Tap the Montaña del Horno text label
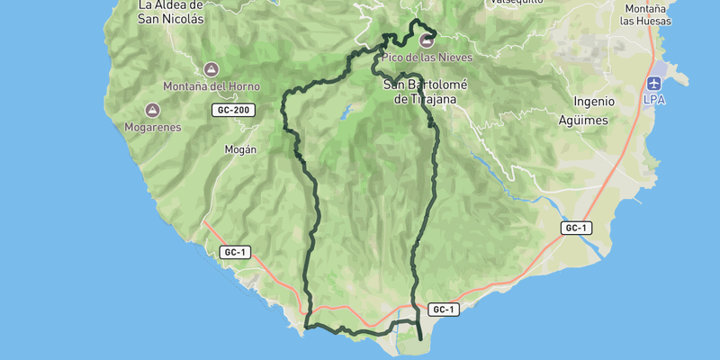tap(211, 86)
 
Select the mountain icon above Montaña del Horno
tap(211, 69)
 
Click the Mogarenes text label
tap(152, 127)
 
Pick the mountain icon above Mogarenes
tap(152, 110)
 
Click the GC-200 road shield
tap(234, 111)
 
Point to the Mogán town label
tap(240, 150)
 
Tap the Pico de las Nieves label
tap(427, 57)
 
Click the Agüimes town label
tap(583, 120)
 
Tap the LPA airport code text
tap(654, 100)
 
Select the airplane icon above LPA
tap(654, 83)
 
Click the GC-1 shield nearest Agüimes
tap(576, 228)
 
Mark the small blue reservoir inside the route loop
tap(345, 113)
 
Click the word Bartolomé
tap(430, 85)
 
